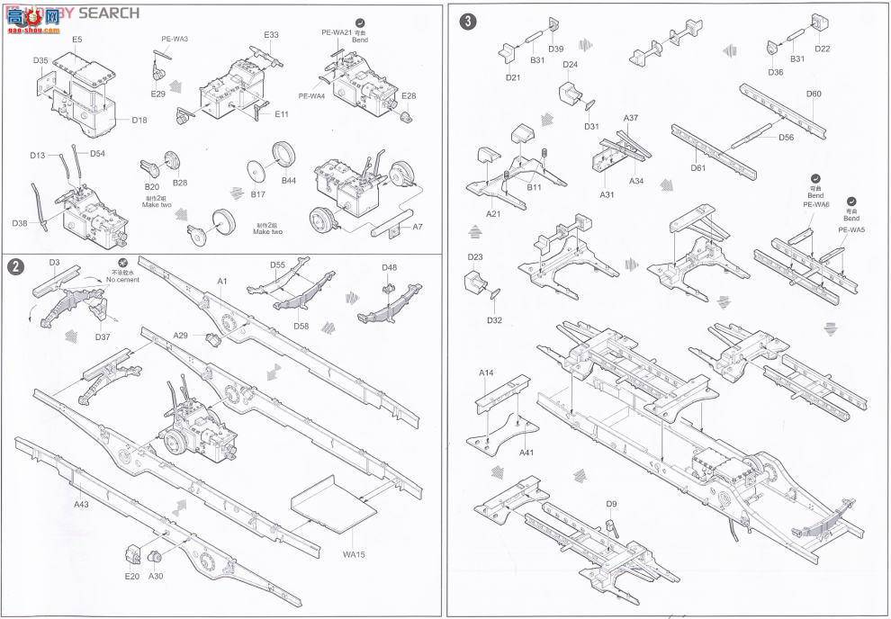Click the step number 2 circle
14,267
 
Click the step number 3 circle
468,20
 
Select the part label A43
82,505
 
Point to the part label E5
76,40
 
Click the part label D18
139,120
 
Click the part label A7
418,227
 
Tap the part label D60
814,94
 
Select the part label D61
697,168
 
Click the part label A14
486,372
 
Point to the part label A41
527,452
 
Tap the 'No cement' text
121,280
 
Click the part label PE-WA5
850,229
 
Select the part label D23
476,257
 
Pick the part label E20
132,576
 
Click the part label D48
389,267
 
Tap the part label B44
289,181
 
